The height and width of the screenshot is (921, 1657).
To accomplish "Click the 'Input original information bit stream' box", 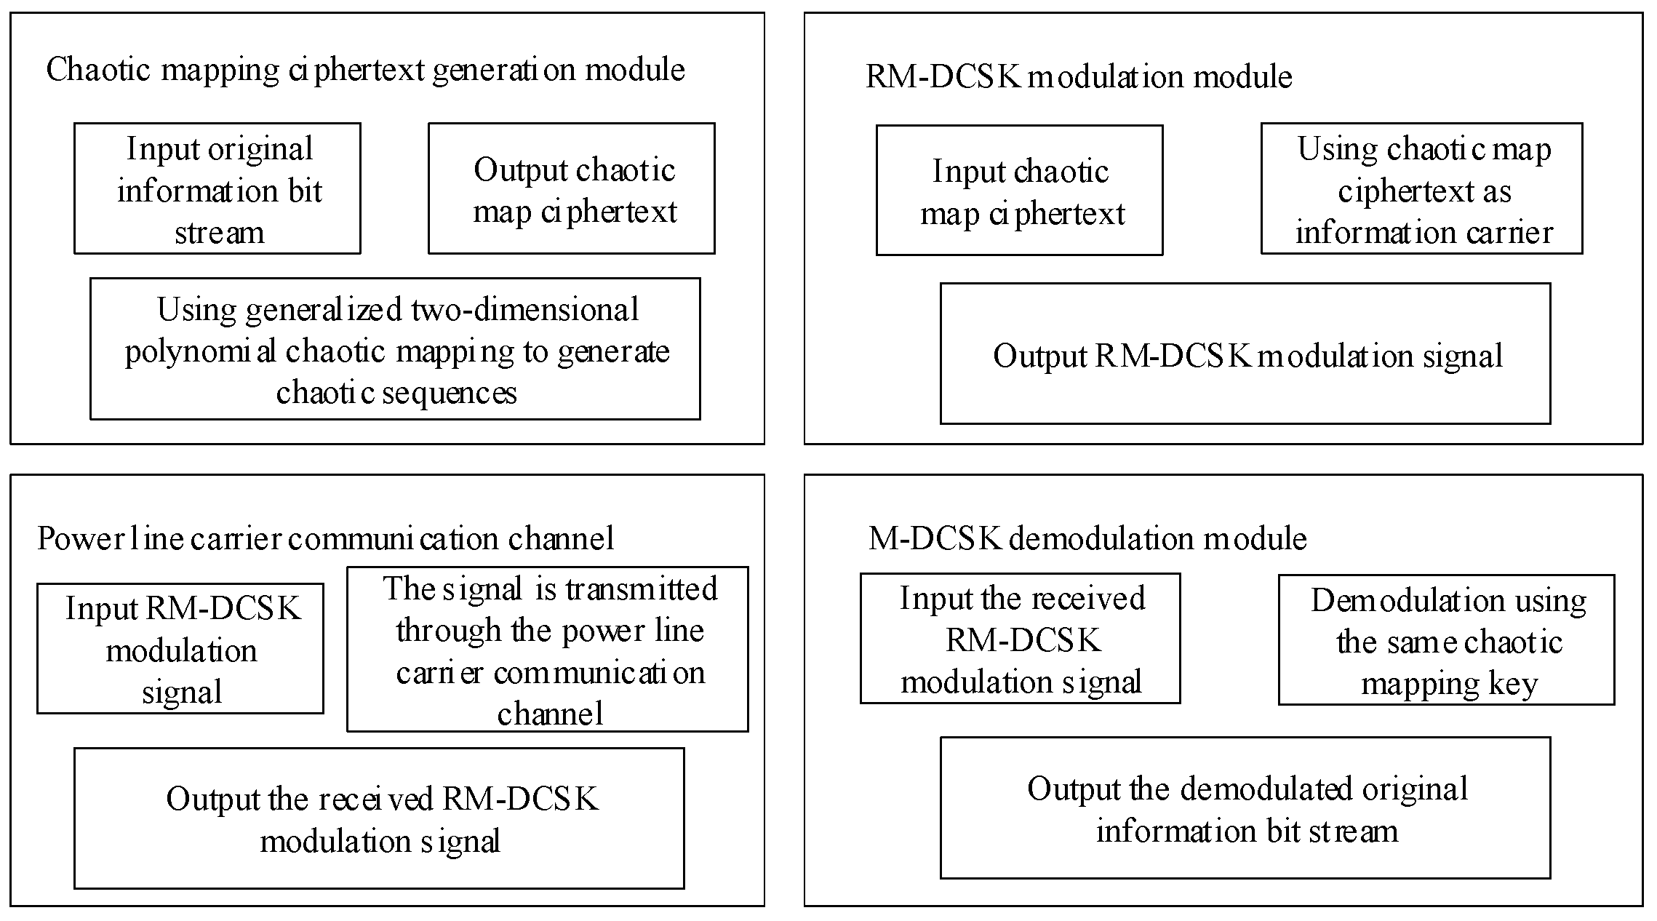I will point(217,188).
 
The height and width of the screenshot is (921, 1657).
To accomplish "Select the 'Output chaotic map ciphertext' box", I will point(571,188).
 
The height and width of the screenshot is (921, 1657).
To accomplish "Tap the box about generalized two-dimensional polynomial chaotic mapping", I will point(395,348).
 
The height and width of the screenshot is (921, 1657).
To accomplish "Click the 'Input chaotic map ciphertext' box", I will point(1019,191).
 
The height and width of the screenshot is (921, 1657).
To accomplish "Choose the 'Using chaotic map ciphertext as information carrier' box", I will point(1421,188).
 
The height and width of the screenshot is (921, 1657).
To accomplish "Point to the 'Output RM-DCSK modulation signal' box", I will point(1245,354).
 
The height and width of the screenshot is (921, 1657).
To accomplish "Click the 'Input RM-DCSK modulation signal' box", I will point(180,648).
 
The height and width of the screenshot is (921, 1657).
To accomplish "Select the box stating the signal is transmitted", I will point(548,649).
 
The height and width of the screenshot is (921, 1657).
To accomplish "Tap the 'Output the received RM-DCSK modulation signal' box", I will point(379,818).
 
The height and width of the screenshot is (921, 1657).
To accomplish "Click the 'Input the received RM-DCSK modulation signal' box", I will point(1020,638).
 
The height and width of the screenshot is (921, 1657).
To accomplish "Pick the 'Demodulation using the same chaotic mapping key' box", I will point(1446,639).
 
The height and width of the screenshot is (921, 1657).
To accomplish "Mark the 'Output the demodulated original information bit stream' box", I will point(1245,808).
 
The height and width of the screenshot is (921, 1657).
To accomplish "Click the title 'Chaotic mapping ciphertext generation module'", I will point(365,70).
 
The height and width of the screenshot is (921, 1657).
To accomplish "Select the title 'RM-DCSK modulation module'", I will point(1078,76).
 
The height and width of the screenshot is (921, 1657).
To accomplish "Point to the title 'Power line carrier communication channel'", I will point(325,538).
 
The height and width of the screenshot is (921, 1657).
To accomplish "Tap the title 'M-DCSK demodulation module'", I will point(1087,538).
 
